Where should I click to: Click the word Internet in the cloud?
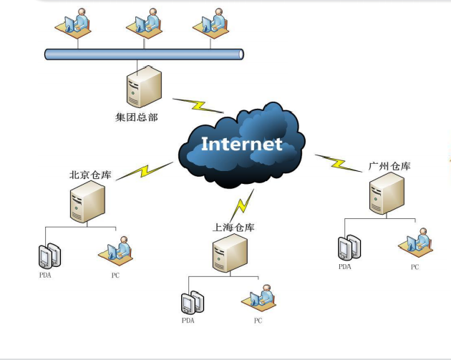tap(241, 143)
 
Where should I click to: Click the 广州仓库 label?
tap(390, 167)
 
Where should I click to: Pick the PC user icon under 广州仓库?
tap(415, 242)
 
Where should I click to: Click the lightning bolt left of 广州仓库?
tap(339, 162)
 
